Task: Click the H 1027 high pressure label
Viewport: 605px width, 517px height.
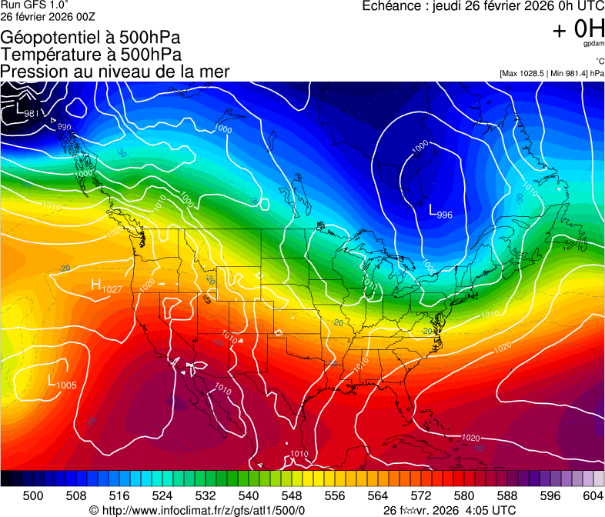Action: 107,287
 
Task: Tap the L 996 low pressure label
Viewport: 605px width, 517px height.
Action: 440,212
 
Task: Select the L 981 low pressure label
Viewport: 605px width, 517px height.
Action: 28,112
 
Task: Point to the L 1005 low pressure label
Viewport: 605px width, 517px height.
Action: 62,382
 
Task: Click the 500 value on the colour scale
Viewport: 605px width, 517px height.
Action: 33,495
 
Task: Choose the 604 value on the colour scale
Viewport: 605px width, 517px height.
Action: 592,495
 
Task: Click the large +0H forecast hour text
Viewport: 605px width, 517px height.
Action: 578,29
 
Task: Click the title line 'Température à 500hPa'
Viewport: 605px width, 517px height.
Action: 91,55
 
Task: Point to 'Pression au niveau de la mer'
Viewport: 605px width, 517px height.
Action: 115,72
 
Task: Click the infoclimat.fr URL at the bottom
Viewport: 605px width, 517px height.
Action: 197,510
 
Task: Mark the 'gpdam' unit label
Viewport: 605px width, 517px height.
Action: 593,45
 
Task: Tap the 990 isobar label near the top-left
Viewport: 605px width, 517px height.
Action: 64,127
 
